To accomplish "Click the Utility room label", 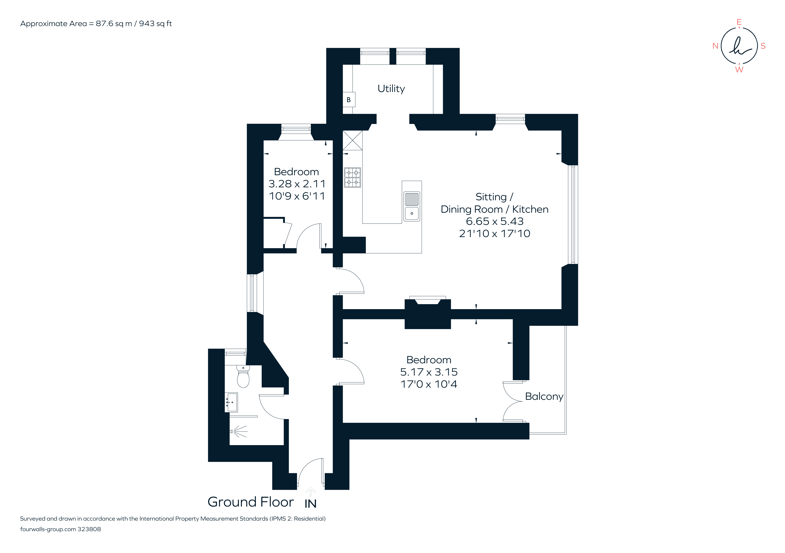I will click(x=391, y=89).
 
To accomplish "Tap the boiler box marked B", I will click(x=349, y=99).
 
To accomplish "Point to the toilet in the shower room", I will click(x=243, y=377).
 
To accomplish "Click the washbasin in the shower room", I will click(x=232, y=402).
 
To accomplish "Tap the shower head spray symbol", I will click(x=239, y=432).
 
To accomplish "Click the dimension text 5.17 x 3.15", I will click(x=429, y=372).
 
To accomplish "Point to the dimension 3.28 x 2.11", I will click(x=297, y=184).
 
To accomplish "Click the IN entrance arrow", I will click(x=310, y=492).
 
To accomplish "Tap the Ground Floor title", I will click(x=251, y=502).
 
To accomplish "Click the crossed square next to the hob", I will click(x=353, y=140).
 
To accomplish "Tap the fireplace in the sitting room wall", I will click(x=427, y=301).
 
